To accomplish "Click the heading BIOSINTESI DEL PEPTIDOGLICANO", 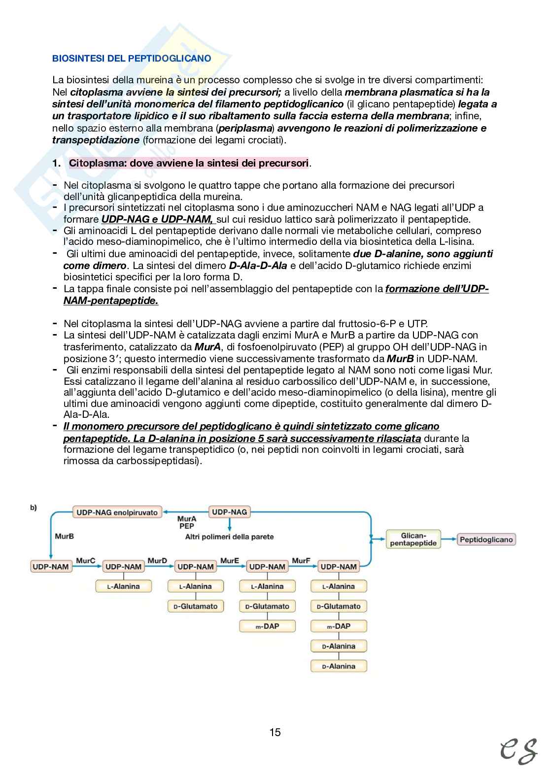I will tap(132, 59).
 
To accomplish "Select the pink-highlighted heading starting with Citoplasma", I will tap(189, 163).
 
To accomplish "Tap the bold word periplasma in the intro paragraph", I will tap(245, 129).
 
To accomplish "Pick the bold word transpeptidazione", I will tap(96, 140).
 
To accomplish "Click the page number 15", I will tap(275, 732).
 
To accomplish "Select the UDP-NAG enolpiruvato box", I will tap(117, 512).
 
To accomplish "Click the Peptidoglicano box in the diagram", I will tap(486, 539).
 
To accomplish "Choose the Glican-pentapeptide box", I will tap(413, 539).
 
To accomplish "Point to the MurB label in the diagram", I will tap(64, 536).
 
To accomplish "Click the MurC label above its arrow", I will tap(85, 561).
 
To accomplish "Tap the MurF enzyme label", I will tap(301, 561).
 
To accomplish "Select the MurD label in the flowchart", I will tap(157, 561).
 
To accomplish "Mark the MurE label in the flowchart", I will tap(229, 561).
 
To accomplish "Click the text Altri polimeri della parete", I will tap(229, 537).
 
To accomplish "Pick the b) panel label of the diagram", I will tap(34, 507).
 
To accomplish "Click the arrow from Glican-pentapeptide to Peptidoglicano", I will tap(448, 540).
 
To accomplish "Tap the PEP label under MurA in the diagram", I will tap(187, 526).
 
